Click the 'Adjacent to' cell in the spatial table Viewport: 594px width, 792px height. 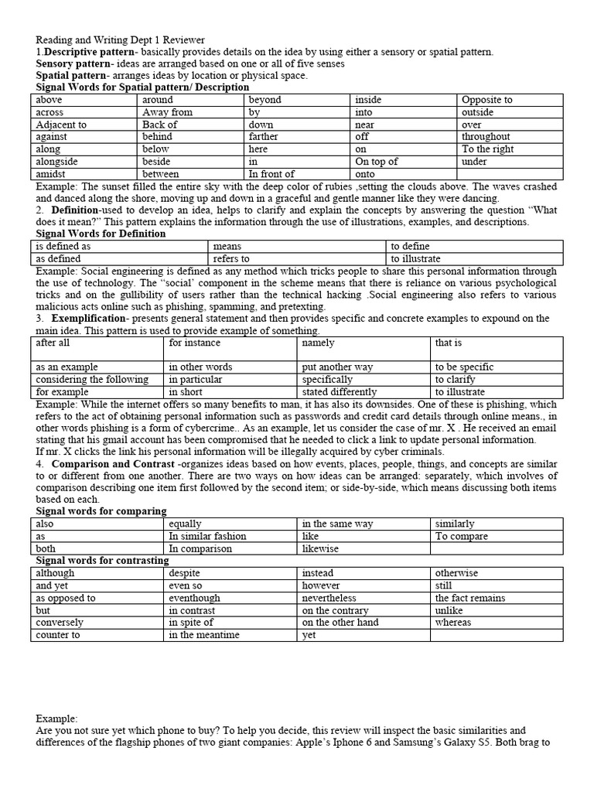pos(84,125)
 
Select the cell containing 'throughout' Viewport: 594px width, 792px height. pos(510,137)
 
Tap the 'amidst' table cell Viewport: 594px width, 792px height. pos(84,174)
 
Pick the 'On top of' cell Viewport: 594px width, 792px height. pos(403,162)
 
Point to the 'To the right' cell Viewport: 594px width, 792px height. pos(510,149)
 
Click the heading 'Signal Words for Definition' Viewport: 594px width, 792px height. pos(101,234)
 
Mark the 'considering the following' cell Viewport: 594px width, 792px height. pos(97,380)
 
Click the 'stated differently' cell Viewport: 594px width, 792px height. pos(363,392)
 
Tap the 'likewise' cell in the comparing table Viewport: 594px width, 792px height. pos(363,548)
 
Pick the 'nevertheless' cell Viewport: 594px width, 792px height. pos(363,598)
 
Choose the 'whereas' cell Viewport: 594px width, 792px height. pos(496,623)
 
